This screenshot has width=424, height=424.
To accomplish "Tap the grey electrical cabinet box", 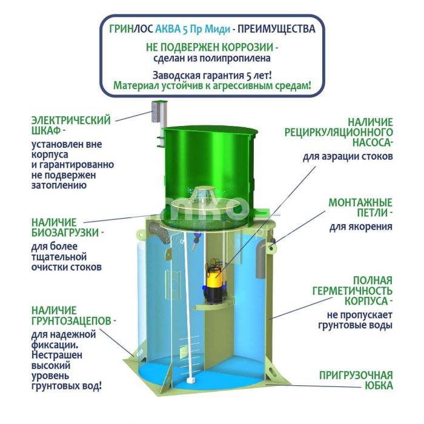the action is [156, 111].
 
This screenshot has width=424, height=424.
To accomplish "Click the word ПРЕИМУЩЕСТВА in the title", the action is [276, 28].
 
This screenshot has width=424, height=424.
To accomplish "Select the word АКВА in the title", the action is [168, 28].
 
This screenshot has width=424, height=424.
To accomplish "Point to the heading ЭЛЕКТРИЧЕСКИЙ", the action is [71, 121].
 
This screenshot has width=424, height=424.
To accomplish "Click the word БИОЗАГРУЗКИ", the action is [65, 233].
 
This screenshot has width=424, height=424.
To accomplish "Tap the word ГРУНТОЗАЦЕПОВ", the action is [71, 321].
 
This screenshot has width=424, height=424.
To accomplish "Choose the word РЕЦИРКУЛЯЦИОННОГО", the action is [339, 132].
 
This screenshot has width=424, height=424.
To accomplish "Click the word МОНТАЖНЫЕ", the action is [360, 202].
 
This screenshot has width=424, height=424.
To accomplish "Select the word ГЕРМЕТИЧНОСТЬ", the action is [353, 291].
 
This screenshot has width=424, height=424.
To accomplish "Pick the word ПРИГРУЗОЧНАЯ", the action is [356, 376].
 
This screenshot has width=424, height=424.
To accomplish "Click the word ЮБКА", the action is [379, 386].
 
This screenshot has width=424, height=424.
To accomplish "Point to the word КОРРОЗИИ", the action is [247, 47].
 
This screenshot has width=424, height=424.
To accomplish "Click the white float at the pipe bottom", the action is [192, 380].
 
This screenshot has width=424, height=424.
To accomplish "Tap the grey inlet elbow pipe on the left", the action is [159, 233].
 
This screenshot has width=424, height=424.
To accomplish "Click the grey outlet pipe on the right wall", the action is [261, 260].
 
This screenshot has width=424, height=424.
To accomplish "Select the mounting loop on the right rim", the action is [272, 247].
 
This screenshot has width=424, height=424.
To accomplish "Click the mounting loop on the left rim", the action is [141, 234].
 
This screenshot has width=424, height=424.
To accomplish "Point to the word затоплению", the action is [59, 185].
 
